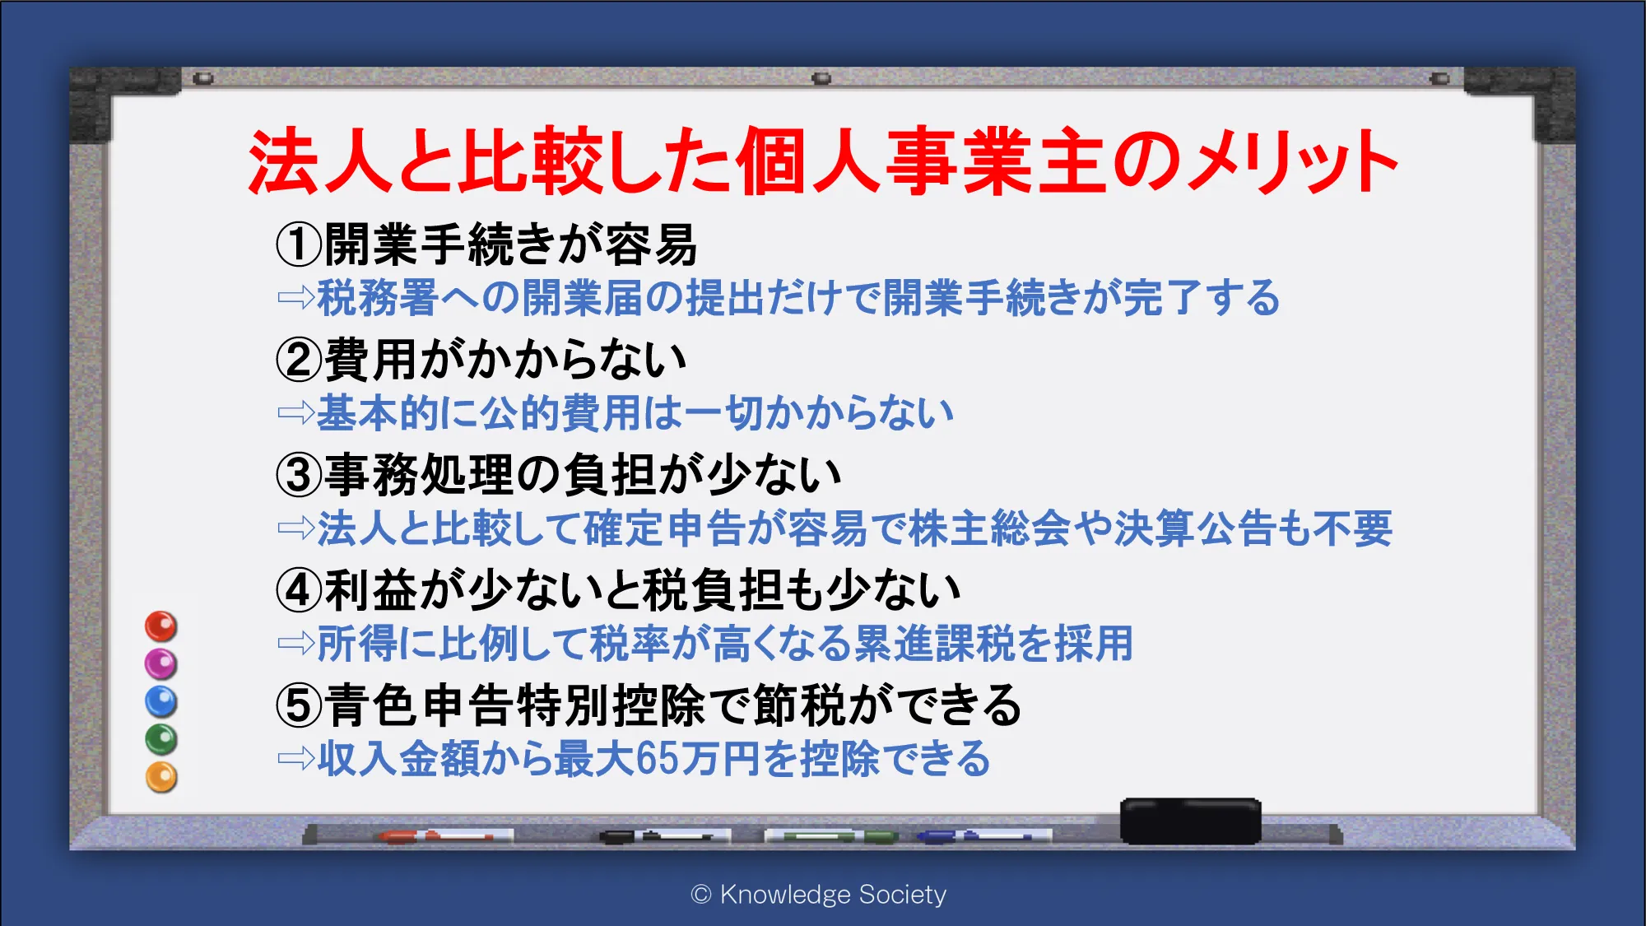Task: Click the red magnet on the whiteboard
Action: click(161, 626)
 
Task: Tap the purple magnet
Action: click(161, 664)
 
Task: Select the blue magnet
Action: click(161, 702)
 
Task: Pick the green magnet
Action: click(161, 740)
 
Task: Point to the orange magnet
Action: click(161, 778)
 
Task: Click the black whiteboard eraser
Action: click(1191, 821)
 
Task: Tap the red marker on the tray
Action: click(445, 836)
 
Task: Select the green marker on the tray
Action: click(830, 836)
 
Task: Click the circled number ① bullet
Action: click(298, 244)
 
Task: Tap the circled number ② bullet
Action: click(298, 360)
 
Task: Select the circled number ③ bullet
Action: click(298, 475)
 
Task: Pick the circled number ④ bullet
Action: click(298, 590)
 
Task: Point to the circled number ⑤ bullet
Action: click(298, 705)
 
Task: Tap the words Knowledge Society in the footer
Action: click(833, 895)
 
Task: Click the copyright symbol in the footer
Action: click(701, 895)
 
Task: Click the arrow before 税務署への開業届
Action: click(296, 297)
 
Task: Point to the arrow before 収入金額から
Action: click(296, 758)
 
